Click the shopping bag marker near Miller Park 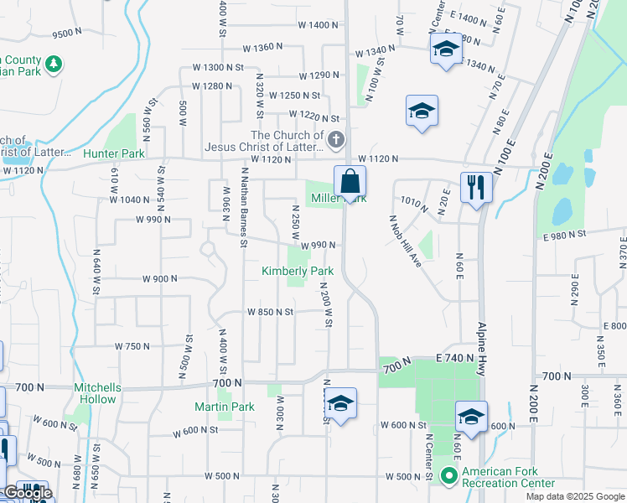point(350,181)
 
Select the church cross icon point(336,139)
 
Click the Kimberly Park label point(298,271)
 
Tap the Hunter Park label point(114,153)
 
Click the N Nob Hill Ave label point(404,241)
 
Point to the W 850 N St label point(270,311)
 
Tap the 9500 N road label point(67,34)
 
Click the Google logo point(27,494)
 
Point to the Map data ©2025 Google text point(575,496)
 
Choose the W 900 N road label point(160,278)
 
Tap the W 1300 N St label point(217,67)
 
